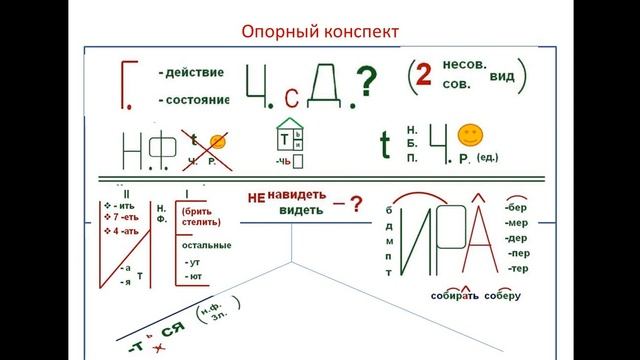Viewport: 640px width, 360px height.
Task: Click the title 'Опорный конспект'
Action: [320, 32]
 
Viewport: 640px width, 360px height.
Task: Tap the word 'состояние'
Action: [195, 100]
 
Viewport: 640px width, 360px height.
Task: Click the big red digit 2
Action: [424, 78]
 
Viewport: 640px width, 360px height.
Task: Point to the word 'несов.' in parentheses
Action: [465, 65]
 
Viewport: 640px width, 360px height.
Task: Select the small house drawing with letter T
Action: [289, 140]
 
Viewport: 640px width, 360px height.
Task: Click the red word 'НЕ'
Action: [255, 198]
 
